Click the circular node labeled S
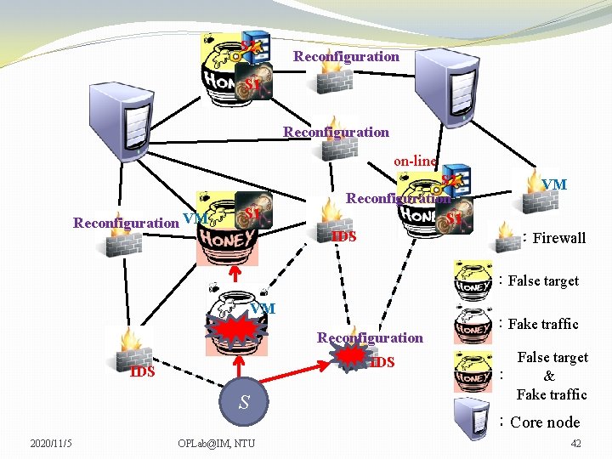244,402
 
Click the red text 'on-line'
415,161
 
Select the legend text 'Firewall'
558,238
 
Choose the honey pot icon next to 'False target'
473,281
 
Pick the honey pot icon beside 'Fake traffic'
473,324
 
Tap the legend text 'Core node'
545,422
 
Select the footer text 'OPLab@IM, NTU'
216,444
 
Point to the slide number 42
576,444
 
